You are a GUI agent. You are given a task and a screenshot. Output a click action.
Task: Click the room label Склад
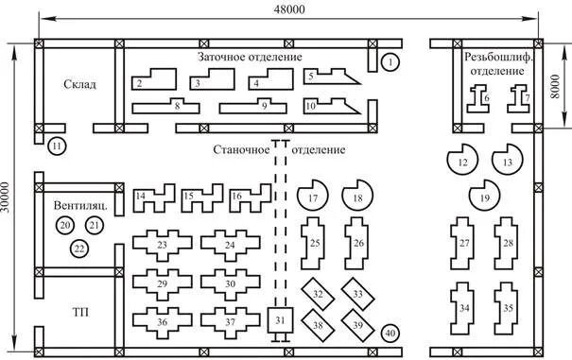[79, 84]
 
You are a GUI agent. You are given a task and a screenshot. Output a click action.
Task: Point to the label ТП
[80, 312]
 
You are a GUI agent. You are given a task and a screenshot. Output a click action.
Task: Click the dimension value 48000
[289, 9]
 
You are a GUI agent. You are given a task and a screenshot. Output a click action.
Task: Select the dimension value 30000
[7, 197]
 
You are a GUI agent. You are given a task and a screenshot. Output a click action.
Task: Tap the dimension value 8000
[555, 86]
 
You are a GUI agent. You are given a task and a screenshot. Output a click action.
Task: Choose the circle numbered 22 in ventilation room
[79, 249]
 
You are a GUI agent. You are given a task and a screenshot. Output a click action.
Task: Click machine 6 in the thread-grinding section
[478, 98]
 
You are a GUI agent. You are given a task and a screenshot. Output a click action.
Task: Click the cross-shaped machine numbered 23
[162, 246]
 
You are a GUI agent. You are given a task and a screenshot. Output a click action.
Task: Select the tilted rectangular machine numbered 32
[318, 294]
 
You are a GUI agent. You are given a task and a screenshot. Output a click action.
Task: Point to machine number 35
[507, 309]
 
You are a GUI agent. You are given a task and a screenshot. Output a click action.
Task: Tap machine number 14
[153, 198]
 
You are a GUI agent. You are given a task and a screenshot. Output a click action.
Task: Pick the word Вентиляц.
[80, 205]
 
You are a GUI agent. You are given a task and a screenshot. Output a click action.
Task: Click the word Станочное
[241, 150]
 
